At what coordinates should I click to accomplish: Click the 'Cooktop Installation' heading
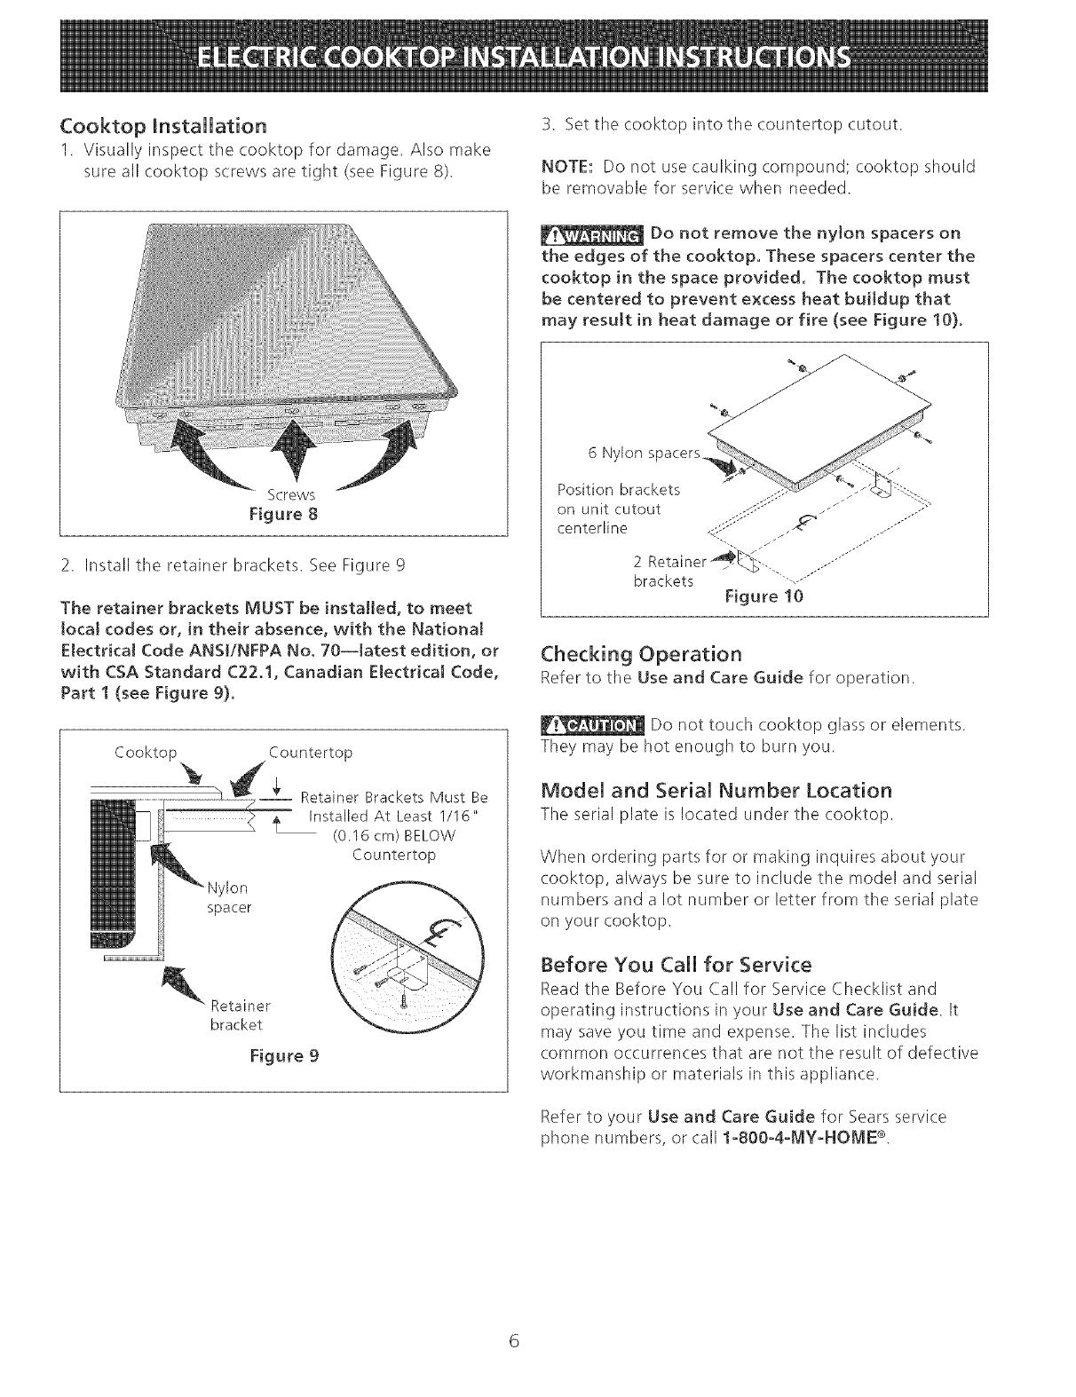[x=163, y=123]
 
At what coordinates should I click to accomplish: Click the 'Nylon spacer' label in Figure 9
[x=229, y=897]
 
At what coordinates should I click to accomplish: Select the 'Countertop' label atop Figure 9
[x=311, y=753]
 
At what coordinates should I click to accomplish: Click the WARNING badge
[x=592, y=236]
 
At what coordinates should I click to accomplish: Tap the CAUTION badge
[x=592, y=727]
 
